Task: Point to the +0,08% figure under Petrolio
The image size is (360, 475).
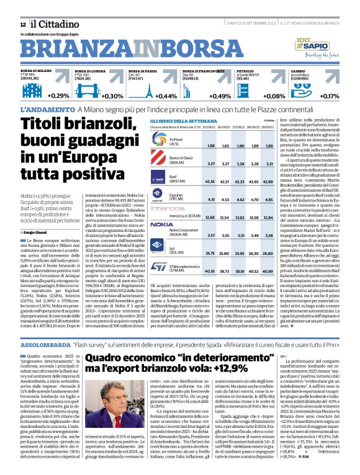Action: coord(274,96)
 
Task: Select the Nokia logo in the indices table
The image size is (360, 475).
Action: coord(163,224)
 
